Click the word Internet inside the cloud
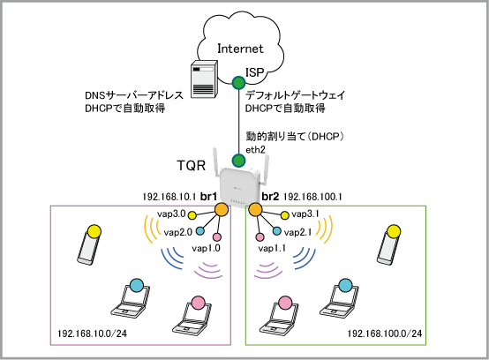point(240,49)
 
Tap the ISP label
point(255,72)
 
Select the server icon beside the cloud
point(204,79)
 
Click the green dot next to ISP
point(239,83)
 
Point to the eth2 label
point(255,150)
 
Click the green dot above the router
point(238,161)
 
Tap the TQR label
point(192,165)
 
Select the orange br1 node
point(222,209)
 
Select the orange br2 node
point(255,209)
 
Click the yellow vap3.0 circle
point(192,215)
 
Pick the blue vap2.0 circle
point(200,231)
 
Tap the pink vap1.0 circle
point(217,237)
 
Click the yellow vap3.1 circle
point(285,215)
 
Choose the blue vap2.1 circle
point(276,231)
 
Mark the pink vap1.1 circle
point(260,237)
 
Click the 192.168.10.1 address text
point(169,197)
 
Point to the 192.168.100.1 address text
point(312,197)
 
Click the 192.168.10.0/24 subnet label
point(93,334)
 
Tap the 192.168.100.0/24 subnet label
point(385,334)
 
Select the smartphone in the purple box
point(89,245)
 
